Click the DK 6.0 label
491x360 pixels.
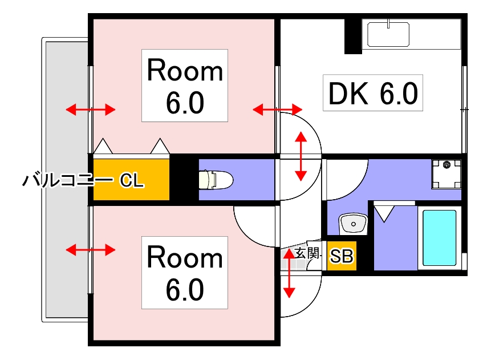coord(372,93)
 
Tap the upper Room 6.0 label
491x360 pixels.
coord(185,86)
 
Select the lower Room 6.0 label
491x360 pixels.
coord(185,273)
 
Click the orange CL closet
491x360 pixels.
coord(131,180)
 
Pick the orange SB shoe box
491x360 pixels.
coord(342,256)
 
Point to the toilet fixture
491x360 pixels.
coord(216,180)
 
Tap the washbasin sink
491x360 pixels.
coord(353,224)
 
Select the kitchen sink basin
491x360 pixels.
coord(388,34)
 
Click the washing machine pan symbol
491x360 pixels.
coord(447,174)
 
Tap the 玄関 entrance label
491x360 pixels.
coord(307,253)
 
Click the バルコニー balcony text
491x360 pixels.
coord(68,180)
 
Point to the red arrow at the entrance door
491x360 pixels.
coord(289,273)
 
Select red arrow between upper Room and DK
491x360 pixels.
coord(278,110)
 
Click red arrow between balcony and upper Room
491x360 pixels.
coord(91,110)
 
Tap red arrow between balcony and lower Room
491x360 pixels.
coord(91,250)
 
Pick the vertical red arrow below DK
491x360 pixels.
coord(301,156)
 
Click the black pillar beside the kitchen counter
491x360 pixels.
coord(353,37)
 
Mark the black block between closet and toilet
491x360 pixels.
coord(184,180)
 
